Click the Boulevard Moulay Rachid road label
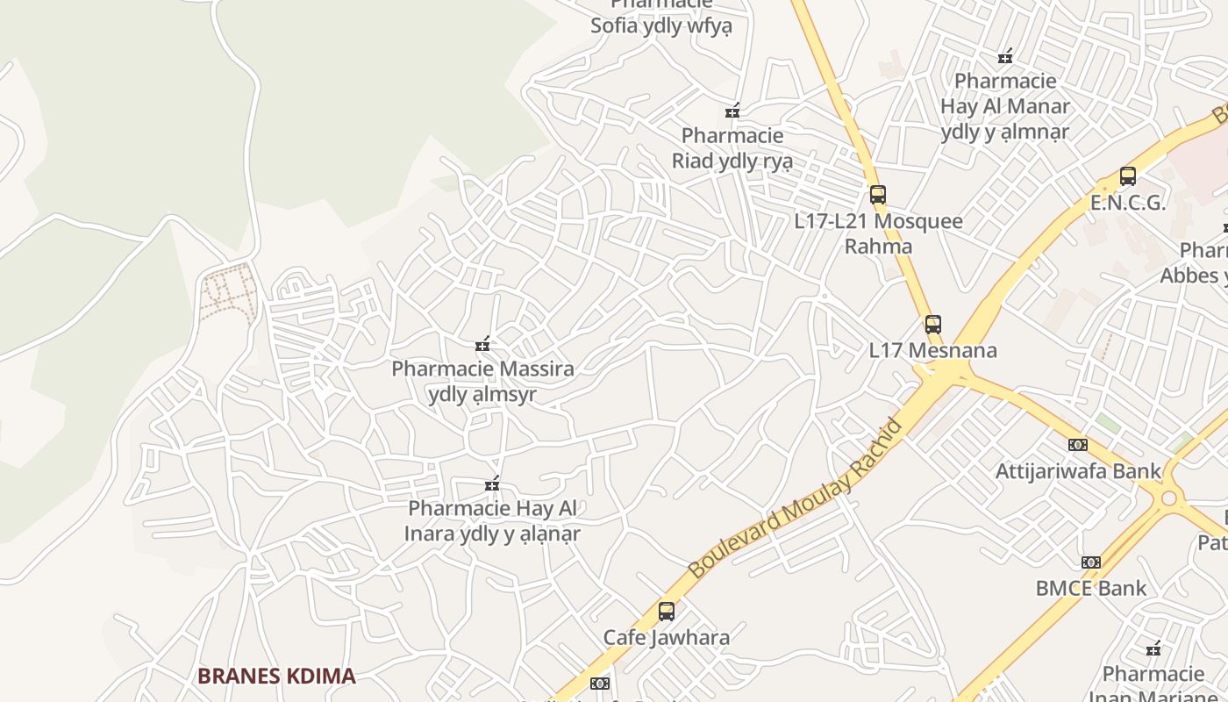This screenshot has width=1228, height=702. point(795,499)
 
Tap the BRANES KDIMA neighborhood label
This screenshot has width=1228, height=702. point(276,676)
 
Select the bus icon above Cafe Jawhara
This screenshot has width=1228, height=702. point(667,612)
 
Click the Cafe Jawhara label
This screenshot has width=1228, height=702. point(667,637)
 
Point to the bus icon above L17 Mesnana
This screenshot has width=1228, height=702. point(933,325)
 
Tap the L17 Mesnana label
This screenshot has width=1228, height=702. point(933,350)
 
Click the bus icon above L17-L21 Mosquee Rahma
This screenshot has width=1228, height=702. point(878,195)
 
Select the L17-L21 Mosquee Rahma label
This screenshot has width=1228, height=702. point(878,233)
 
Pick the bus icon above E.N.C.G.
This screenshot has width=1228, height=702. point(1128,176)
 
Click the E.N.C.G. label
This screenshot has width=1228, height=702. point(1128,203)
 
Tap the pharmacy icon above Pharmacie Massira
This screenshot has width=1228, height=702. point(482,343)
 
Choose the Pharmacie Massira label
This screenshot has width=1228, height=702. point(482,381)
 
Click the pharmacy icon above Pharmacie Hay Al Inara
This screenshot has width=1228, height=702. point(492,484)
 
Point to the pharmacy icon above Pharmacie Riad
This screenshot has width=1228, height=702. point(732,111)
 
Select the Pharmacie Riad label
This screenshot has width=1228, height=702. point(732,148)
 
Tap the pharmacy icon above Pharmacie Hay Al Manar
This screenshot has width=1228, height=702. point(1005,57)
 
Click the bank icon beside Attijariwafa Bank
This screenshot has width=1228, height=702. point(1078,445)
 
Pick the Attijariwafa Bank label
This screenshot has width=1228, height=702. point(1078,471)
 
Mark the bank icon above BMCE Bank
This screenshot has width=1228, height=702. point(1091,562)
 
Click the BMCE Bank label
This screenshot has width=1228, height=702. point(1091,588)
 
